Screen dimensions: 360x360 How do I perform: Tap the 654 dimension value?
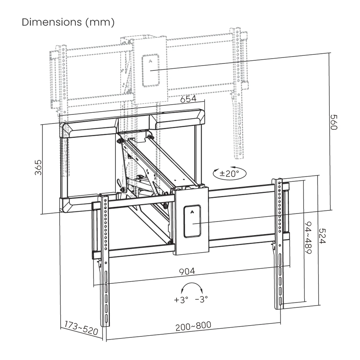pos(188,99)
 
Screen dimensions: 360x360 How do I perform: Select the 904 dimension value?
pos(187,271)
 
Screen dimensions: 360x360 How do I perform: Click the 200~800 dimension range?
pos(193,326)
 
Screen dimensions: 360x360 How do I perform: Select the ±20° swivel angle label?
pos(229,173)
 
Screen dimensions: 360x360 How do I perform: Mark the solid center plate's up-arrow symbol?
pos(192,211)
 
